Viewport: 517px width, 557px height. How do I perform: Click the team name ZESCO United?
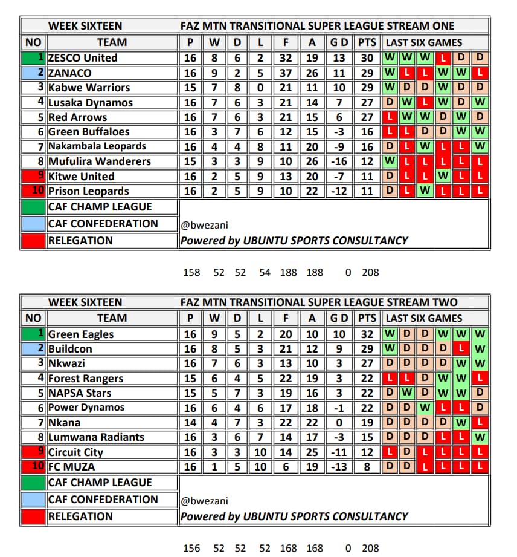(x=83, y=58)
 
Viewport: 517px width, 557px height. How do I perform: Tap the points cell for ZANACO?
(x=366, y=73)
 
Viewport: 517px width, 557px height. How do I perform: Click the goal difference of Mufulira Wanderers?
(x=339, y=161)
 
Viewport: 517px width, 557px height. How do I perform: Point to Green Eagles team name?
(x=81, y=334)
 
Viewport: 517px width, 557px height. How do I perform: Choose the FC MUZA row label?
(x=71, y=467)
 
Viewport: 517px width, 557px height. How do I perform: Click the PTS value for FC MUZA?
(x=366, y=467)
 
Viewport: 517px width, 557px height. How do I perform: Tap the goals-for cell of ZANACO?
(x=286, y=73)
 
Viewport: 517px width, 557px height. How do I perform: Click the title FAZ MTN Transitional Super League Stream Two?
(x=319, y=302)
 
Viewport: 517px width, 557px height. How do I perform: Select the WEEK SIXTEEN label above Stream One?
(x=85, y=26)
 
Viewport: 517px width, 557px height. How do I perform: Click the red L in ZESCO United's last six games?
(x=444, y=58)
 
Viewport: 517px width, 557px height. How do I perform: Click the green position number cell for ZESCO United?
(x=34, y=58)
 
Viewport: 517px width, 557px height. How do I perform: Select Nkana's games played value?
(x=190, y=423)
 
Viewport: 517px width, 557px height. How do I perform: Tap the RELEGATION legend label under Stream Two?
(x=80, y=516)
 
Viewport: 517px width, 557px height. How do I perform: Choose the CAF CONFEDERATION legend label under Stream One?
(x=103, y=224)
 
